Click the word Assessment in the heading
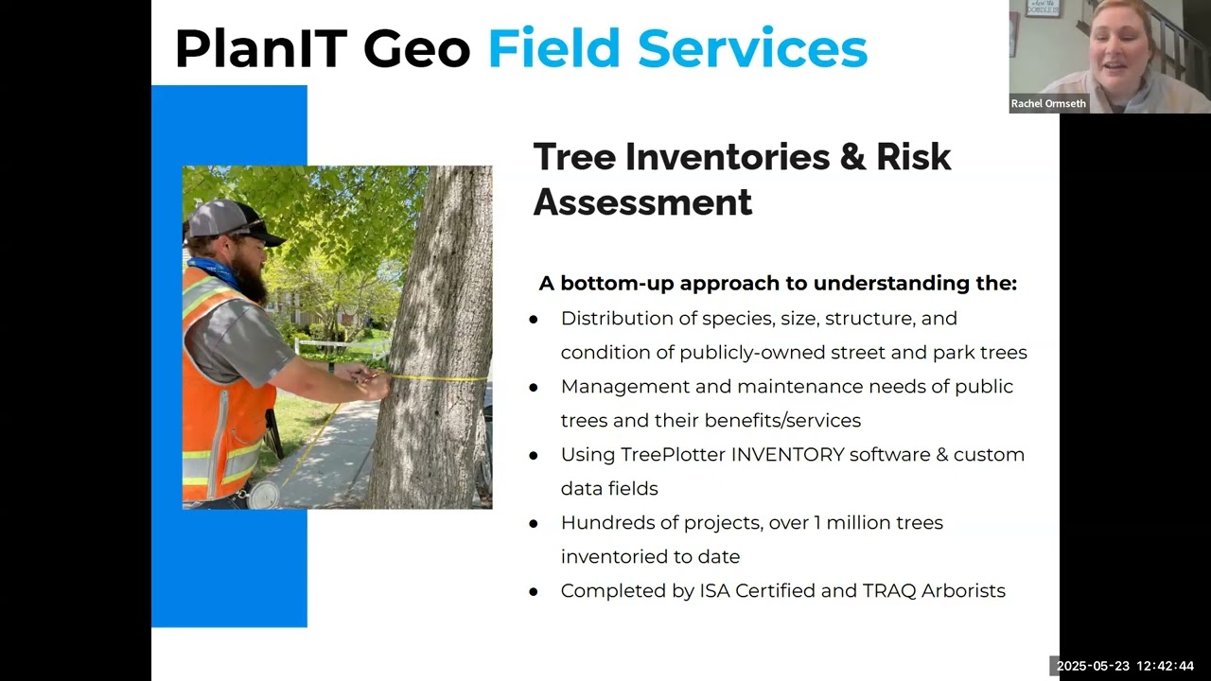click(642, 202)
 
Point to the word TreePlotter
click(673, 455)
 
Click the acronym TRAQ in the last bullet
click(886, 591)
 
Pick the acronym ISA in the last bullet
click(714, 591)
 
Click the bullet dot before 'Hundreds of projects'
click(534, 524)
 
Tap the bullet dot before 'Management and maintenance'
click(534, 388)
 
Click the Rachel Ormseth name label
click(1048, 104)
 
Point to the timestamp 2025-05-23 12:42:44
click(1125, 666)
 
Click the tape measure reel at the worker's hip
click(264, 494)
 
